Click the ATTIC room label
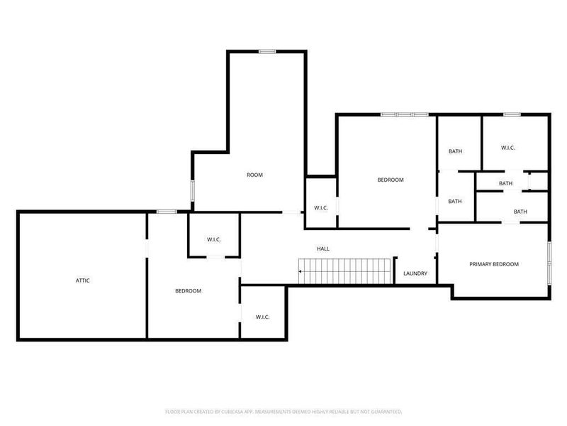pos(83,280)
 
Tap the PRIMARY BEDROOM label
pos(494,264)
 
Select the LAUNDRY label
pos(415,273)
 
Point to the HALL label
pos(323,248)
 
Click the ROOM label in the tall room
pos(254,175)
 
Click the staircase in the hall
pos(346,271)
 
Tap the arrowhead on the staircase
pos(301,271)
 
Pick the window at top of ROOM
pos(267,51)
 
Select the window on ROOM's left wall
pos(193,191)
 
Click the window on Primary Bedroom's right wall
pos(549,263)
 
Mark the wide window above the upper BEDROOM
pos(405,114)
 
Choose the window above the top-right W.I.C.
pos(512,114)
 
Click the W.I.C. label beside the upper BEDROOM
pos(321,208)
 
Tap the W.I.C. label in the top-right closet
pos(507,148)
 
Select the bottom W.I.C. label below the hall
pos(262,317)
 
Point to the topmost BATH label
pos(455,151)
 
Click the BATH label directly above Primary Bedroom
pos(520,212)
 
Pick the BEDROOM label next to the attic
pos(189,291)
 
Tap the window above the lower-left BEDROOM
pos(167,211)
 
